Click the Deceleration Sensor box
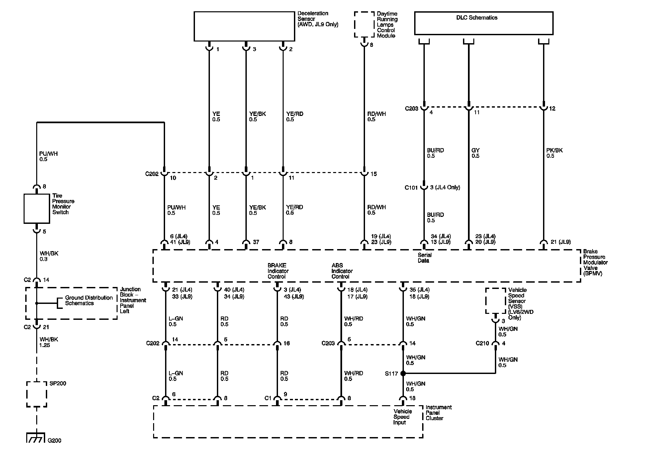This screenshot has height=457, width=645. pyautogui.click(x=244, y=27)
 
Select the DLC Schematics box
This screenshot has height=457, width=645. pyautogui.click(x=484, y=23)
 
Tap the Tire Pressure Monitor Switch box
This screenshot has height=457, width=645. pyautogui.click(x=37, y=209)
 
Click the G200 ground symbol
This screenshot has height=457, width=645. pyautogui.click(x=35, y=439)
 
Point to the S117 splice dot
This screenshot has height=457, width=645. pyautogui.click(x=403, y=373)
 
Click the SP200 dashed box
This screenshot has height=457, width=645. pyautogui.click(x=37, y=394)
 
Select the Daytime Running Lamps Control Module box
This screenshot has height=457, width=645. pyautogui.click(x=364, y=25)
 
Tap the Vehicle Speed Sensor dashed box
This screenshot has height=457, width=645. pyautogui.click(x=496, y=301)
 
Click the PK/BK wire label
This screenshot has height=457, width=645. pyautogui.click(x=554, y=153)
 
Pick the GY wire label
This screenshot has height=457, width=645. pyautogui.click(x=475, y=153)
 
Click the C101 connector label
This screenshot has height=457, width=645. pyautogui.click(x=411, y=188)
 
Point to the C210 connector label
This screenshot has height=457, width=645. pyautogui.click(x=482, y=343)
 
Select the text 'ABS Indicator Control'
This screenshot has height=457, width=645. pyautogui.click(x=342, y=271)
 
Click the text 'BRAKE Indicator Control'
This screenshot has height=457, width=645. pyautogui.click(x=278, y=271)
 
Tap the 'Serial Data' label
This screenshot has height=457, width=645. pyautogui.click(x=424, y=258)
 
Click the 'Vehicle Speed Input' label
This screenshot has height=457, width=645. pyautogui.click(x=402, y=417)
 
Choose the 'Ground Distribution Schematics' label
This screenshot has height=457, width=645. pyautogui.click(x=89, y=300)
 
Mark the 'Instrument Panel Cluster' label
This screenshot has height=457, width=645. pyautogui.click(x=438, y=412)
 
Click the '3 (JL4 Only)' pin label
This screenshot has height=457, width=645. pyautogui.click(x=445, y=187)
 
